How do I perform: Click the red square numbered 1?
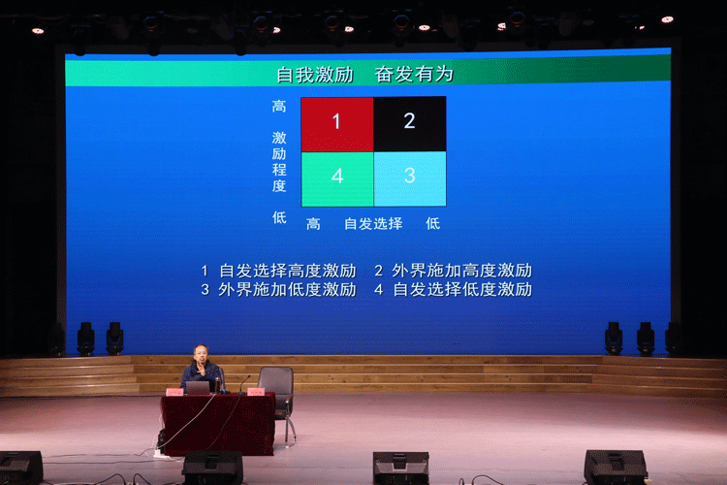337,123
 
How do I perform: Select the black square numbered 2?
410,123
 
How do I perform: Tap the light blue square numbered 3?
410,178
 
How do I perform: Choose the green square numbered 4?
337,178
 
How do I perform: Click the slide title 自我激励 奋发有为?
364,74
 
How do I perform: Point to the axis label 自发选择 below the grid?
373,224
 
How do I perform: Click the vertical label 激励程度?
279,162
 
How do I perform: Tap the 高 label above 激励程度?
279,107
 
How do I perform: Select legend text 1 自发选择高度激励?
278,271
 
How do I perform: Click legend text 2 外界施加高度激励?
453,271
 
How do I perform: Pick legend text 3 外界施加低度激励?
278,289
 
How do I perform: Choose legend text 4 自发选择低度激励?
453,289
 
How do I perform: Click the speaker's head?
199,355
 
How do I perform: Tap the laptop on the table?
198,387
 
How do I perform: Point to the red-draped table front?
217,424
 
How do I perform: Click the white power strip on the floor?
161,452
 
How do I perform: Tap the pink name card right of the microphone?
256,392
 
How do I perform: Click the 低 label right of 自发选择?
432,224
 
